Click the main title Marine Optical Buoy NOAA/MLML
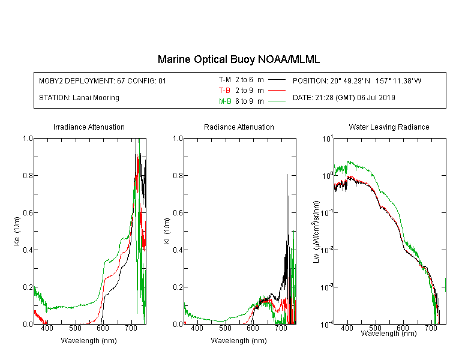click(238, 59)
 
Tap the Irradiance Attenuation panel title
click(89, 127)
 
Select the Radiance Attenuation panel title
click(239, 127)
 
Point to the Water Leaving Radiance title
click(389, 127)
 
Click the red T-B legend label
click(224, 91)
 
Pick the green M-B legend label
click(225, 101)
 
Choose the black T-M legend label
click(225, 80)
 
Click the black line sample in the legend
click(277, 80)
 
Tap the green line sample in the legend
click(277, 101)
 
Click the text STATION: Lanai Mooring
click(79, 98)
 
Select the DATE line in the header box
click(344, 98)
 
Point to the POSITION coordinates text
click(357, 80)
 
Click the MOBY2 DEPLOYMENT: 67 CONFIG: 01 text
click(103, 80)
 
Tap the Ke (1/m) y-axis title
click(17, 231)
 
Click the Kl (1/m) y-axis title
click(167, 231)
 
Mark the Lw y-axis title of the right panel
click(316, 232)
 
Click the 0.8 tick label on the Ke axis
click(28, 175)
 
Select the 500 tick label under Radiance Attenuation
click(225, 328)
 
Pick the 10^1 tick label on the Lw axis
click(328, 139)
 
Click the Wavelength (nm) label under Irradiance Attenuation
click(89, 340)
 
